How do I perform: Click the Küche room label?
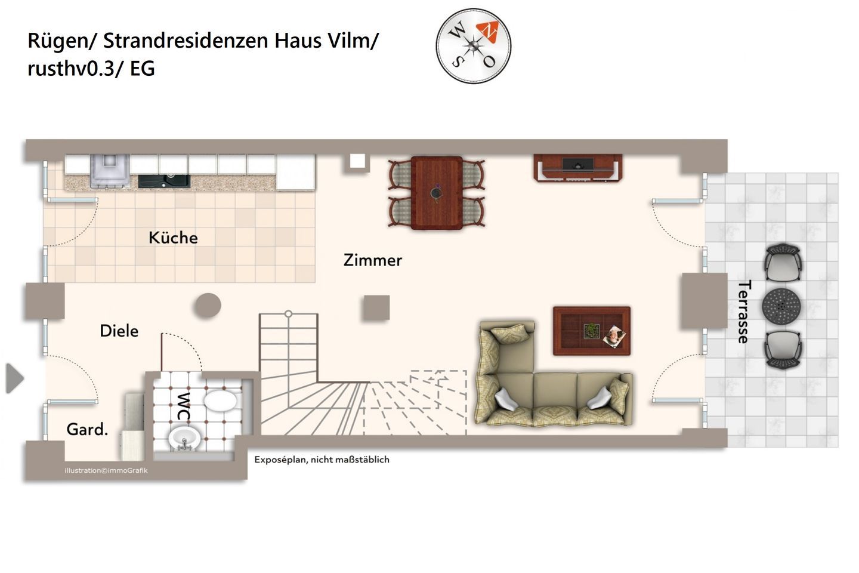pos(173,238)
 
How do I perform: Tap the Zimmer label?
pos(373,260)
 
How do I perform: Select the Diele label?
pos(119,331)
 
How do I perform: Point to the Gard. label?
pos(87,429)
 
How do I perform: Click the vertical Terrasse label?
pos(744,312)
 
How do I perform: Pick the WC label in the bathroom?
pos(183,406)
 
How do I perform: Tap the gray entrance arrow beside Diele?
pos(14,378)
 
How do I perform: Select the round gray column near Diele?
pos(208,306)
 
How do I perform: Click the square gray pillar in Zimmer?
pos(376,308)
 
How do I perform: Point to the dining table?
pos(437,193)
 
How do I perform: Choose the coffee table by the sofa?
pos(592,331)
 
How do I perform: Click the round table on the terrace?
pos(781,306)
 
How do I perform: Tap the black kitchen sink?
pos(164,181)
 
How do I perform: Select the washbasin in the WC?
pos(184,439)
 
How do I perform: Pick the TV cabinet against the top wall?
pos(577,168)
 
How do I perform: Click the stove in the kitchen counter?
pos(110,171)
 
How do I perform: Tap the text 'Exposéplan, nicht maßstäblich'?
pos(322,460)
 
